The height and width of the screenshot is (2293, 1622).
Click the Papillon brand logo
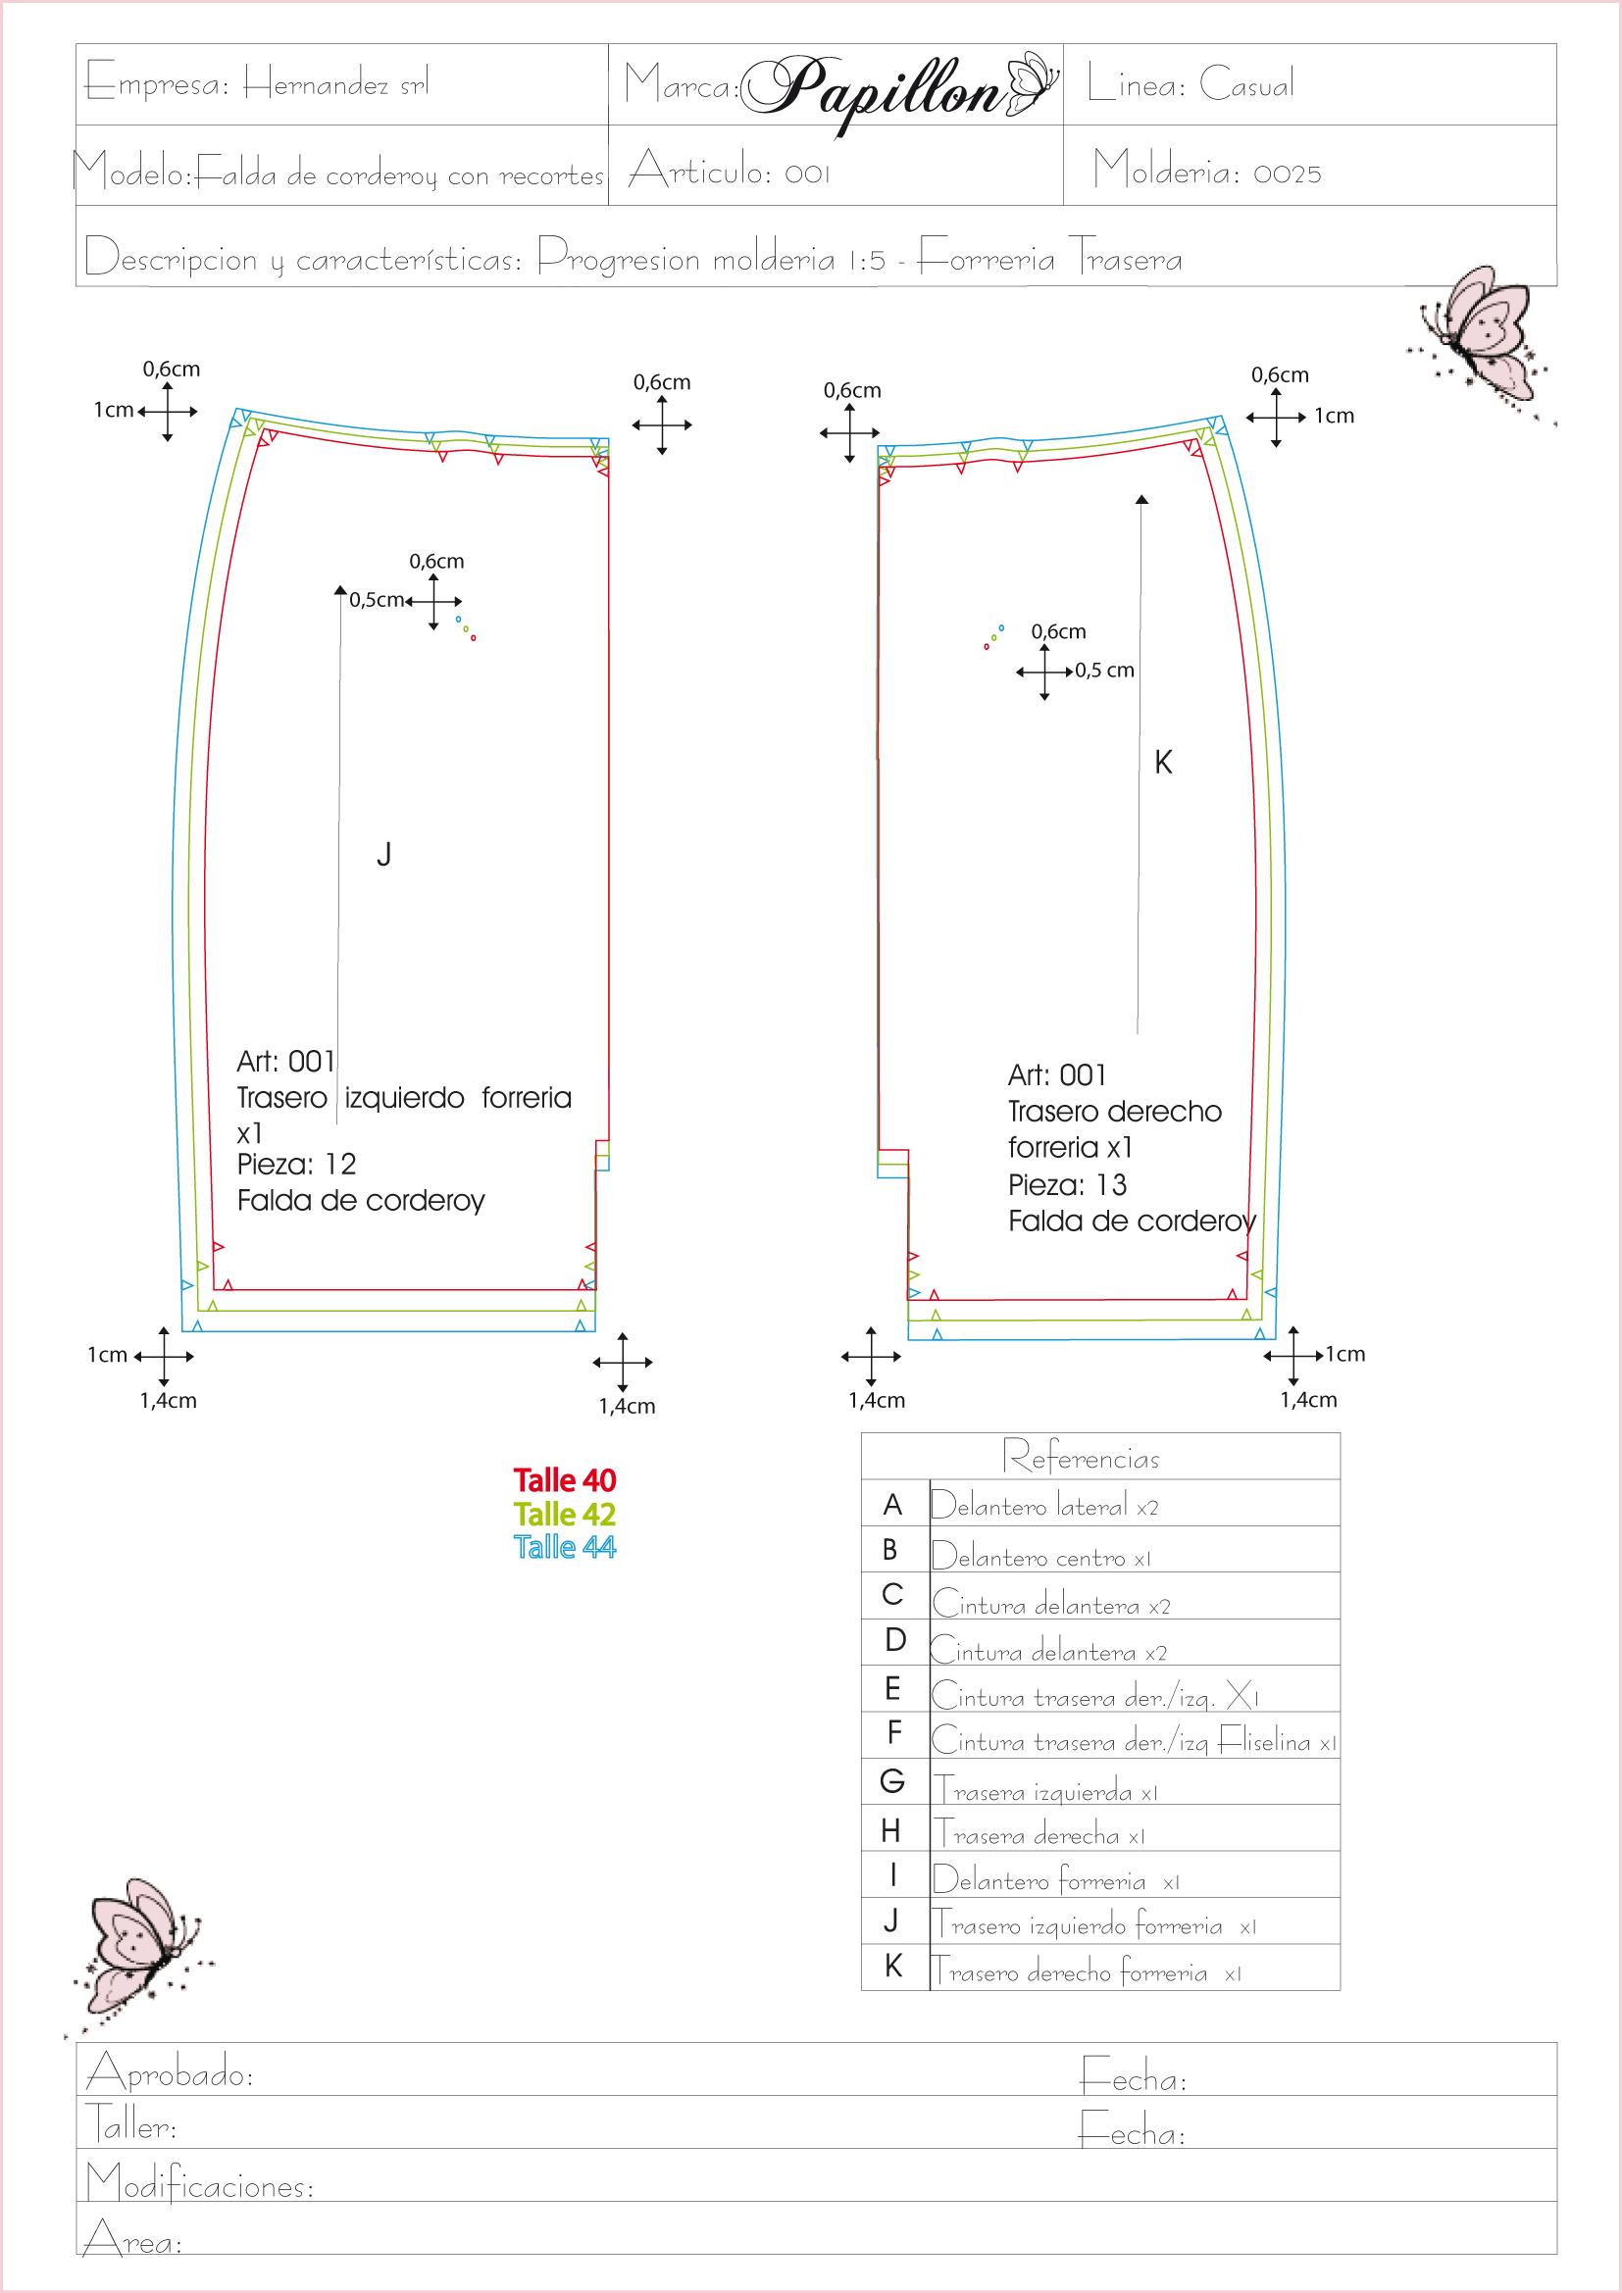[900, 91]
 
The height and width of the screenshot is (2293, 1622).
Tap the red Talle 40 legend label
[564, 1480]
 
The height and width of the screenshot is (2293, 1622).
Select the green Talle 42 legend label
[564, 1514]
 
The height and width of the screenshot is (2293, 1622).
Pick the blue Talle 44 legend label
[564, 1547]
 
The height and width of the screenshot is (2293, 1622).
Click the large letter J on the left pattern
[383, 854]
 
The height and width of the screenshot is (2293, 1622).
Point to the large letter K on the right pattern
[1164, 762]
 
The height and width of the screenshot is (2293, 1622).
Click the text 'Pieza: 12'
[296, 1165]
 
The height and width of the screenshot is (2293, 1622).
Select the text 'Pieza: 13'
[1068, 1185]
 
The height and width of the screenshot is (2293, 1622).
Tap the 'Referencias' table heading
[1081, 1457]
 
